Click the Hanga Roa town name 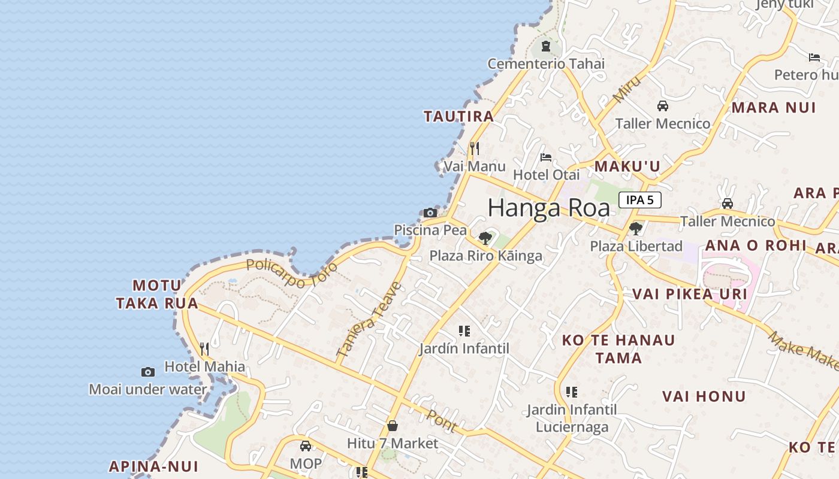(548, 208)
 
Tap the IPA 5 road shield (640, 200)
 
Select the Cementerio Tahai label (546, 63)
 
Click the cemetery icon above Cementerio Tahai (546, 46)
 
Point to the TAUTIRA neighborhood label (459, 116)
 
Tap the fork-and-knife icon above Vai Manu (474, 148)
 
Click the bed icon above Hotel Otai (546, 157)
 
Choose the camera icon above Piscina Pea (430, 213)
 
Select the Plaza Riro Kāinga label (486, 256)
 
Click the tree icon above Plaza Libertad (636, 228)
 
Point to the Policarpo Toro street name (292, 273)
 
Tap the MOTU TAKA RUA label (157, 294)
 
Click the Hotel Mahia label (205, 366)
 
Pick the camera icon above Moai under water (148, 372)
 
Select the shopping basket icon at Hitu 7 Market (393, 426)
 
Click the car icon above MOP (306, 446)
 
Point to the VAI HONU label (704, 396)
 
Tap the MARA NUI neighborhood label (774, 108)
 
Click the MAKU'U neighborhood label (627, 166)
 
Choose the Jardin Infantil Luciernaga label (572, 418)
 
